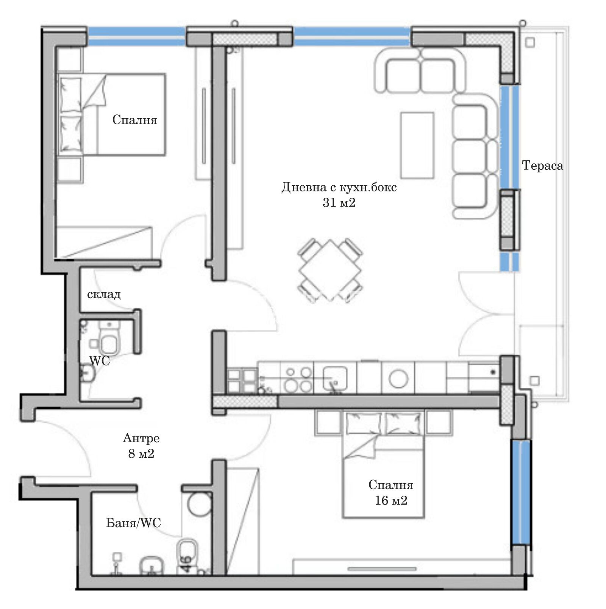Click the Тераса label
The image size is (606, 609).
coord(542,166)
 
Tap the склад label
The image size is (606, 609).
coord(104,294)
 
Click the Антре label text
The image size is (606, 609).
coord(141,438)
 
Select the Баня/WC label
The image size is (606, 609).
coord(133,523)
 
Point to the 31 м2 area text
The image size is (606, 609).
coord(339,203)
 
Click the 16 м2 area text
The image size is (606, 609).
coord(391,501)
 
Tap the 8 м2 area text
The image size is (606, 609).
coord(141,454)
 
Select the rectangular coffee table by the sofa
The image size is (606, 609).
coord(417,145)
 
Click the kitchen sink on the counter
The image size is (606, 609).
coord(335,378)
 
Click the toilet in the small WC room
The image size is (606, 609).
coord(109,338)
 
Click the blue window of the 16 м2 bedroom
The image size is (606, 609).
coord(519,492)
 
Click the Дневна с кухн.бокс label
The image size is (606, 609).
coord(339,187)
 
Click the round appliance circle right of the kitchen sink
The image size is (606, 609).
coord(398,379)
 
